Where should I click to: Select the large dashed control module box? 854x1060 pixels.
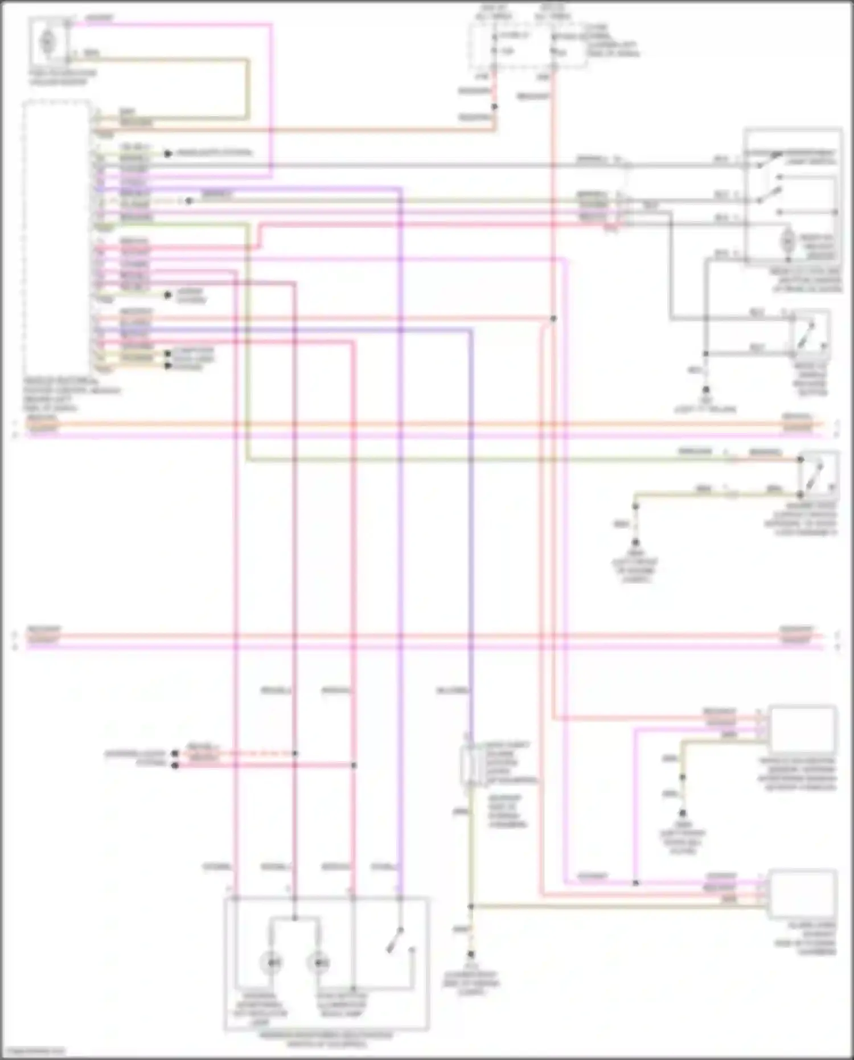pos(57,239)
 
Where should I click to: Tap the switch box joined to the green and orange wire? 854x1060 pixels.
pos(818,474)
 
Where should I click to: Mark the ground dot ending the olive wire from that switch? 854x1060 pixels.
pos(635,543)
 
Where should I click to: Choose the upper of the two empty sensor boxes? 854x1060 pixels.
pos(803,729)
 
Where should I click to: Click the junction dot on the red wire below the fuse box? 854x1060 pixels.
pos(494,107)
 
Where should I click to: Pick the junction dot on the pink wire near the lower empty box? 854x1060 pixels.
pos(635,883)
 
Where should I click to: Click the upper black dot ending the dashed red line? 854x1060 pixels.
pos(175,753)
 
